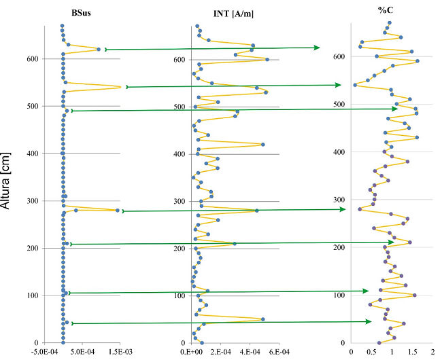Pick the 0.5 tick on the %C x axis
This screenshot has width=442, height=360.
[x=371, y=352]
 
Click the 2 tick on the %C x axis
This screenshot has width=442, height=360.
[x=432, y=352]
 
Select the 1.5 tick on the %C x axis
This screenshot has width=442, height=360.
[x=412, y=352]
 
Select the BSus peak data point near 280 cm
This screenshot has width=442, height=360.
[x=118, y=211]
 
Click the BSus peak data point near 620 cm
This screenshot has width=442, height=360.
[x=99, y=50]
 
